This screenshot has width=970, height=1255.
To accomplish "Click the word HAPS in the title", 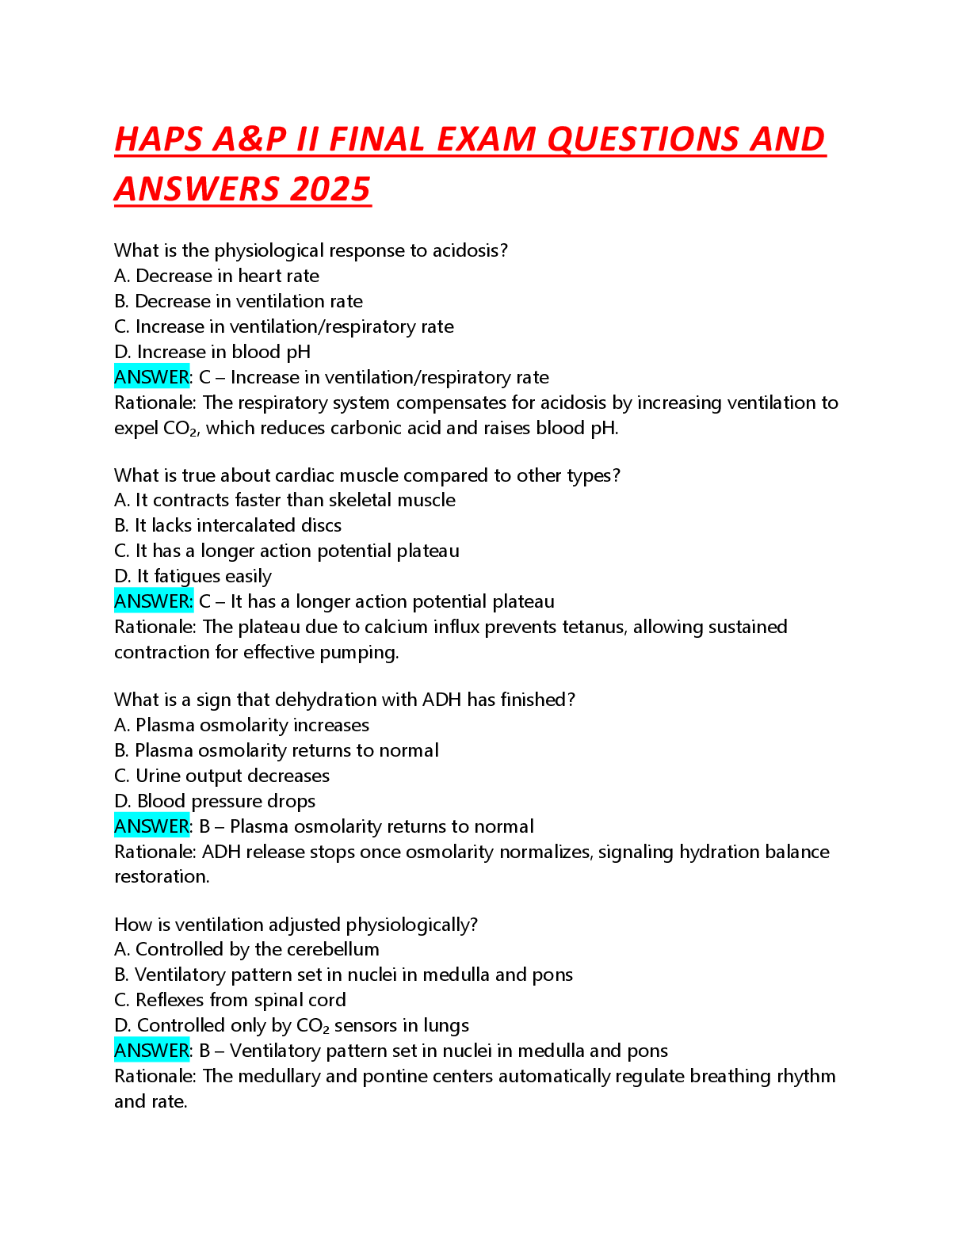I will tap(158, 139).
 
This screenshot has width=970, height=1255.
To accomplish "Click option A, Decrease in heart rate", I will tap(217, 276).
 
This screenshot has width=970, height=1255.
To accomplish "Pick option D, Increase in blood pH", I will tap(212, 352).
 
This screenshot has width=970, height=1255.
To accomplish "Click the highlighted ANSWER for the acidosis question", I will tap(152, 377).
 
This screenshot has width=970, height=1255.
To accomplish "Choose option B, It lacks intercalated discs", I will tap(228, 525).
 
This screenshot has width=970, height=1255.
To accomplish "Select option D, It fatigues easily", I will tap(193, 576).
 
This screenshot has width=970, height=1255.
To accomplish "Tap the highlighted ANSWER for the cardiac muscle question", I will tap(153, 601).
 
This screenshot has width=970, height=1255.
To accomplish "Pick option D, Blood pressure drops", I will tap(215, 801).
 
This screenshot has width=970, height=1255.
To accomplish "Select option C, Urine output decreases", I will tap(222, 776).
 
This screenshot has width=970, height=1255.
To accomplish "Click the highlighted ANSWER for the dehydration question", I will tap(152, 826).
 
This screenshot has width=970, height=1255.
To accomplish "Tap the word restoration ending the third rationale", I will tap(161, 876).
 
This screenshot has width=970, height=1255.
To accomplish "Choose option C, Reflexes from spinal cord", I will tap(231, 1000).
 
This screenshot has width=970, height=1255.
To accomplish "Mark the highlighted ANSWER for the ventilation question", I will tap(152, 1051).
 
